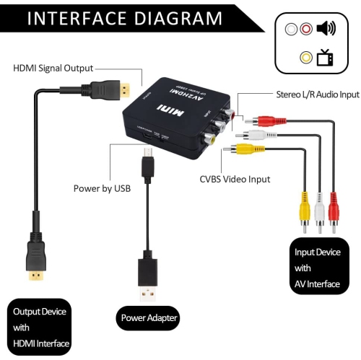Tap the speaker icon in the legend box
point(326,30)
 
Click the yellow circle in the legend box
point(306,58)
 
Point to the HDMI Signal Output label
point(53,69)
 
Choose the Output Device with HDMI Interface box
point(40,326)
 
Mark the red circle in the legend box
point(306,30)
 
